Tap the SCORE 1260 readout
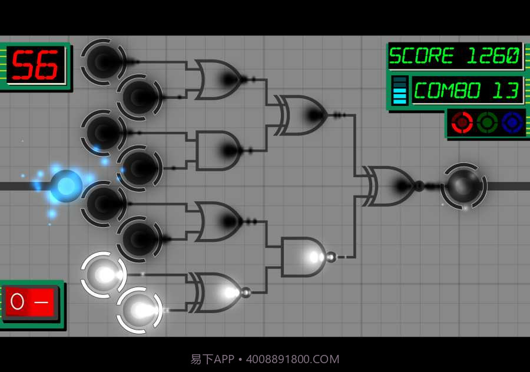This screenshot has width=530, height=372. (455, 56)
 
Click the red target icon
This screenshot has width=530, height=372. (462, 122)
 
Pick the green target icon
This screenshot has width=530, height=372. (487, 122)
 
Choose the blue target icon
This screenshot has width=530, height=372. (512, 122)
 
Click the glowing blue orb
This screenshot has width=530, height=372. (65, 186)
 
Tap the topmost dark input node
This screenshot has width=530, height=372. (104, 60)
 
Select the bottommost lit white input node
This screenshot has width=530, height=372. (139, 310)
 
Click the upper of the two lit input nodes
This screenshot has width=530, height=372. (104, 274)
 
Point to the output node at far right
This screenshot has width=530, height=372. (464, 186)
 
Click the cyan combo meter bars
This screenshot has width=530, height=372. (399, 91)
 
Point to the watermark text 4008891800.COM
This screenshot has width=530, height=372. (292, 359)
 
